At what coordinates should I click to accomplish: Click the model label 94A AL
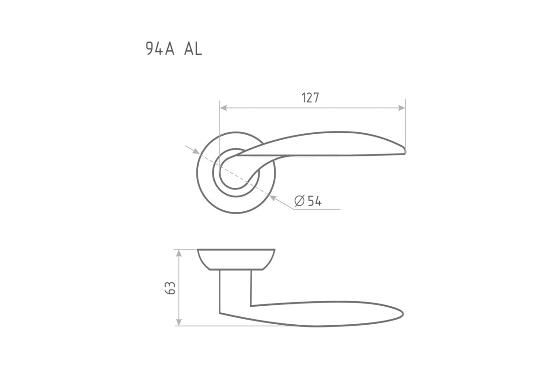pos(174,49)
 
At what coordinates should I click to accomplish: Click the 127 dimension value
pos(310,98)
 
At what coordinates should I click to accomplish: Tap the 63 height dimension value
pos(170,288)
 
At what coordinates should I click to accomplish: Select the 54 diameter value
pos(315,201)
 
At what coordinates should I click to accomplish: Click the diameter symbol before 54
pos(300,201)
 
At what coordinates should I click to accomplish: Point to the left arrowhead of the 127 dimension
pos(223,108)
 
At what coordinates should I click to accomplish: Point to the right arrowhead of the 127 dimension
pos(402,108)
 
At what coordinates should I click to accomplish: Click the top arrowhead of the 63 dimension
pos(179,253)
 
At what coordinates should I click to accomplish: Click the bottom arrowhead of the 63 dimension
pos(179,322)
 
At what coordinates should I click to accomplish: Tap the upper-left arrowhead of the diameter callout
pos(196,151)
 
